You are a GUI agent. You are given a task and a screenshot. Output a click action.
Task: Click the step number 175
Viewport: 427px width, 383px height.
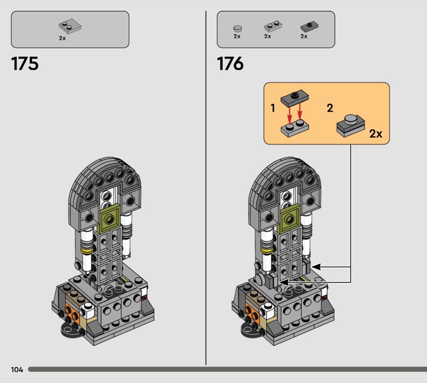(x=25, y=63)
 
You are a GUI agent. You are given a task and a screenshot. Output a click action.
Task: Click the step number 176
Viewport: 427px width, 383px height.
(x=231, y=63)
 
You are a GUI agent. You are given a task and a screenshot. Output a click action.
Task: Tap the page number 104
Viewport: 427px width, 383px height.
(x=17, y=369)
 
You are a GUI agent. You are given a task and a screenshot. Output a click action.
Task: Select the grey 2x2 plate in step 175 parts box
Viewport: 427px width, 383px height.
(x=70, y=26)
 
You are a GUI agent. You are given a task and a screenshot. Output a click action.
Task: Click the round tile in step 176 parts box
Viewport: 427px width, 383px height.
(x=238, y=28)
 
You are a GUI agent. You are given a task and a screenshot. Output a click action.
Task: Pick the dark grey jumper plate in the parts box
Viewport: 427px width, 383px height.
(x=310, y=26)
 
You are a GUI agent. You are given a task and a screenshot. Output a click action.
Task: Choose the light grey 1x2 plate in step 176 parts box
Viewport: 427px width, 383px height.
(x=273, y=26)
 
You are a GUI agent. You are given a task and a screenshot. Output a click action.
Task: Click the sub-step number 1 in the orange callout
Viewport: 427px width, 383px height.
(x=273, y=108)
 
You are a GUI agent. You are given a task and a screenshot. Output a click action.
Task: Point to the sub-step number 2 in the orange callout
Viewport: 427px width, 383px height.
(x=330, y=108)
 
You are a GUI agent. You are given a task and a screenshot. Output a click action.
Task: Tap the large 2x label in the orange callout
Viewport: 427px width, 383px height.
(x=376, y=134)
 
